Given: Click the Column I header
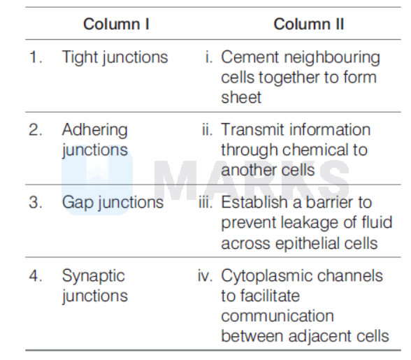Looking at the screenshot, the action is pos(116,24).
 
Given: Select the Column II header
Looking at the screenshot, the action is pos(308,24).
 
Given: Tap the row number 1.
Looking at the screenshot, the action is pos(36,57).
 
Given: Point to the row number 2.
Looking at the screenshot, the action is pos(36,129).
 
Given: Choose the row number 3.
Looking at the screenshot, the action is pos(36,203).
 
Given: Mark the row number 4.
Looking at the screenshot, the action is pos(36,276).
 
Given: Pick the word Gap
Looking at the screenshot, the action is pos(78,203).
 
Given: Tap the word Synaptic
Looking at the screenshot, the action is pos(94,277).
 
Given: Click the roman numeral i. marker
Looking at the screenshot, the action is pos(209,57).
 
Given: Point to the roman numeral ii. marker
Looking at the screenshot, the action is pos(207,129).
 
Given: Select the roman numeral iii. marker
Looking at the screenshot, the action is pos(206,203).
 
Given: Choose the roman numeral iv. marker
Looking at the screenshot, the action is pos(205,276).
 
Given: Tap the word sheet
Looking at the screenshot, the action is pos(241,97).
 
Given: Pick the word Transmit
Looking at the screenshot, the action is pos(252,129).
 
